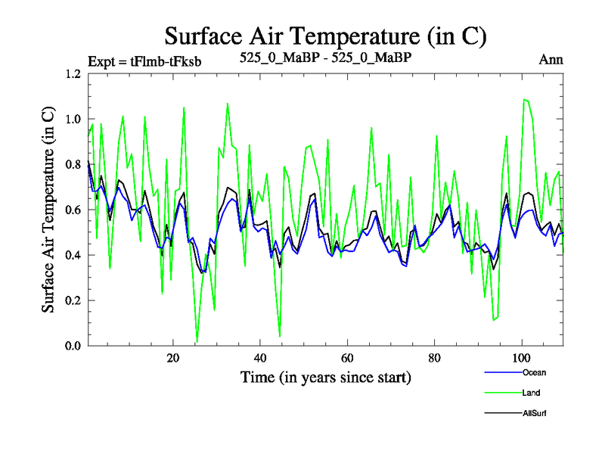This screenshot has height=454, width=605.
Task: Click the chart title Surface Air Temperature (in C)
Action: coord(324,36)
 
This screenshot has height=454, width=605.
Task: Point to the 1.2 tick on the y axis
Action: coord(73,74)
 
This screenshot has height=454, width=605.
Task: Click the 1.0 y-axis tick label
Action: coord(73,120)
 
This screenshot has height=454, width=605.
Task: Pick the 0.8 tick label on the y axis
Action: coord(73,165)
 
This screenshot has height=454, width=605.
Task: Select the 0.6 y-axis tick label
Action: coord(73,210)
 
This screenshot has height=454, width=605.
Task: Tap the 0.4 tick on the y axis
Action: coord(73,256)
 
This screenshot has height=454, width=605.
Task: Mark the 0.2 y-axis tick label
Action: coord(73,301)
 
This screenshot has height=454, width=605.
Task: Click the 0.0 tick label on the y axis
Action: coord(73,346)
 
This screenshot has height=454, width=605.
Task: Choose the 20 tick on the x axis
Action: coord(173,358)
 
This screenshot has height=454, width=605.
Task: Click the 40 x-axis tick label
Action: coord(260,358)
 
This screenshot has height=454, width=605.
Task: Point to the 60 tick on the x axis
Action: coord(347,358)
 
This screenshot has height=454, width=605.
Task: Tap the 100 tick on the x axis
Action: coord(522,358)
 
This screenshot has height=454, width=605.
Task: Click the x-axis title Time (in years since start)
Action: coord(325,377)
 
